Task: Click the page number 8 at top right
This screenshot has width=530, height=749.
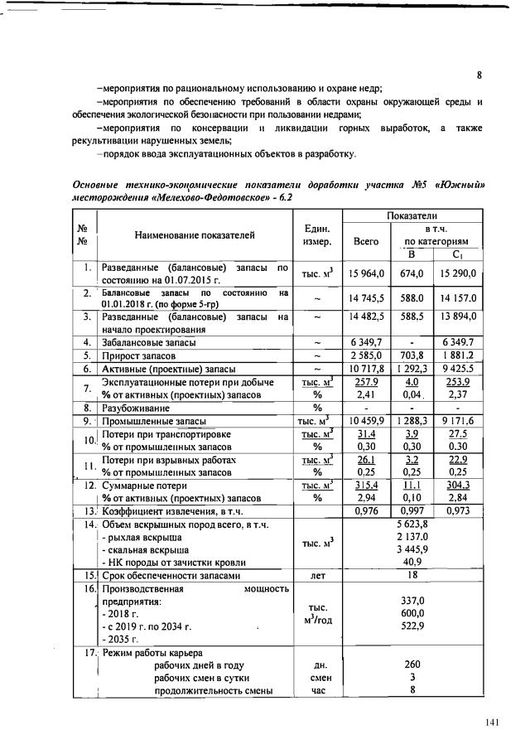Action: pos(479,75)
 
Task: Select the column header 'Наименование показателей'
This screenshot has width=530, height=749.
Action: pos(195,235)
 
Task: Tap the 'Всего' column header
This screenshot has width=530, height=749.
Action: pos(365,242)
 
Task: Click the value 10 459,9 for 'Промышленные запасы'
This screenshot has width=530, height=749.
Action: pos(365,421)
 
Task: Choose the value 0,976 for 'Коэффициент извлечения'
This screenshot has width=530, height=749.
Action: pos(365,511)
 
